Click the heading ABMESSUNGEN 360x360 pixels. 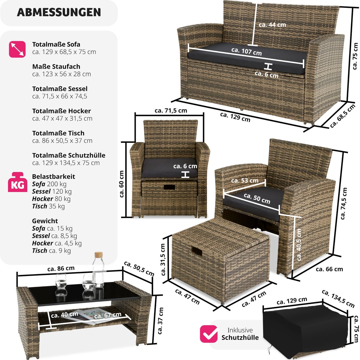click(x=59, y=12)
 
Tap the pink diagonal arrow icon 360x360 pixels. click(x=17, y=49)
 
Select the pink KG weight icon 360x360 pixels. click(x=17, y=182)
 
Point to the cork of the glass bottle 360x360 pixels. click(x=98, y=255)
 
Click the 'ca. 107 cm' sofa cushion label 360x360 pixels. click(x=246, y=52)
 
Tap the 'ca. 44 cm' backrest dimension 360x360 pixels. click(x=272, y=25)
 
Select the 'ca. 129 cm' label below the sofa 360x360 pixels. click(x=235, y=117)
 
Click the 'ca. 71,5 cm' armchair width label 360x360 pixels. click(x=171, y=110)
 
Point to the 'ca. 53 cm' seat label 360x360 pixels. click(x=245, y=181)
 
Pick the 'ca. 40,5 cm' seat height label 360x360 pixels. click(x=299, y=244)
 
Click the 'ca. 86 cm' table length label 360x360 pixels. click(x=61, y=268)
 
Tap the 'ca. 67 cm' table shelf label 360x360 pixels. click(x=108, y=315)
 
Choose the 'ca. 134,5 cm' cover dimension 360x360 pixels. click(x=338, y=301)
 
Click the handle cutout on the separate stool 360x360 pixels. click(x=196, y=251)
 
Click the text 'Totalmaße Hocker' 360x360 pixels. click(x=61, y=111)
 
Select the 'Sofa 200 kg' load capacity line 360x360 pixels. click(x=49, y=184)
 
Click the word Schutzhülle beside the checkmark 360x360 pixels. click(x=240, y=337)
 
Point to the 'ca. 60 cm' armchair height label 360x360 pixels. click(x=121, y=184)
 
